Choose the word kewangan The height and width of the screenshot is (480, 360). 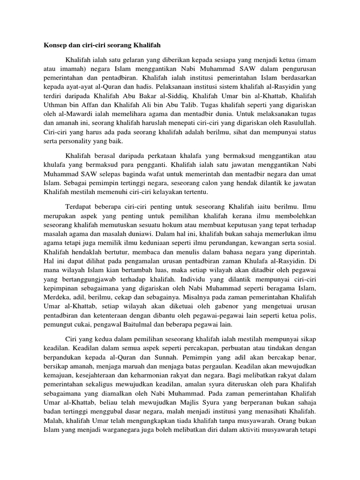[x=284, y=244]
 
